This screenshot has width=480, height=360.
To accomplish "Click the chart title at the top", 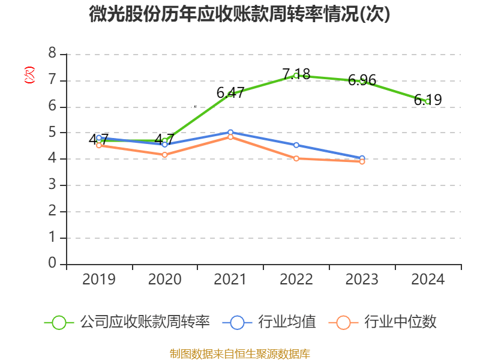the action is pyautogui.click(x=239, y=14).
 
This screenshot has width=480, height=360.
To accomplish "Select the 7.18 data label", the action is pyautogui.click(x=296, y=74).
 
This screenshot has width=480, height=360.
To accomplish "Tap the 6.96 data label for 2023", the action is pyautogui.click(x=362, y=80).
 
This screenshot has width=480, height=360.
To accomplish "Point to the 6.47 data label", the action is pyautogui.click(x=230, y=92).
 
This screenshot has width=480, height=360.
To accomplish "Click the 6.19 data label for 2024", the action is pyautogui.click(x=428, y=100).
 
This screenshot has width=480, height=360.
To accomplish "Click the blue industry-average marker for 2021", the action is pyautogui.click(x=230, y=132).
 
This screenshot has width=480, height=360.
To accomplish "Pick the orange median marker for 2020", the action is pyautogui.click(x=164, y=155).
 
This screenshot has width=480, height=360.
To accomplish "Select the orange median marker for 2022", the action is pyautogui.click(x=296, y=158).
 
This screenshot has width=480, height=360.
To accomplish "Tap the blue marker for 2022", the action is pyautogui.click(x=296, y=145).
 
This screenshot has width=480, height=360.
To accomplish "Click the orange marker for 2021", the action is pyautogui.click(x=230, y=137).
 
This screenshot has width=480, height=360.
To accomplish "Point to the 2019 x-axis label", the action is pyautogui.click(x=99, y=280).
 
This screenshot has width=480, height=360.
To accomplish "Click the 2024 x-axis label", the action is pyautogui.click(x=428, y=280).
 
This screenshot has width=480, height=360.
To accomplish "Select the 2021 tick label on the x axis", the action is pyautogui.click(x=230, y=280).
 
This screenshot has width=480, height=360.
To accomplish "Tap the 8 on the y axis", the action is pyautogui.click(x=52, y=53).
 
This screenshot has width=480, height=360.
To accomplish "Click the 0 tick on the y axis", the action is pyautogui.click(x=52, y=263).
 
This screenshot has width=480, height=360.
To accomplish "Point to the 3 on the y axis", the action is pyautogui.click(x=52, y=185).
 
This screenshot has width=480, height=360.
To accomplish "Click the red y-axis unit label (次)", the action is pyautogui.click(x=29, y=75).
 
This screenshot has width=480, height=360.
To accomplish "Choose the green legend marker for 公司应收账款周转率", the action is pyautogui.click(x=59, y=323).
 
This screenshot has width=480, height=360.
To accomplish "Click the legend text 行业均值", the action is pyautogui.click(x=287, y=322).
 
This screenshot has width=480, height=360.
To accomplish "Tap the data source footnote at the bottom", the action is pyautogui.click(x=240, y=354).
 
